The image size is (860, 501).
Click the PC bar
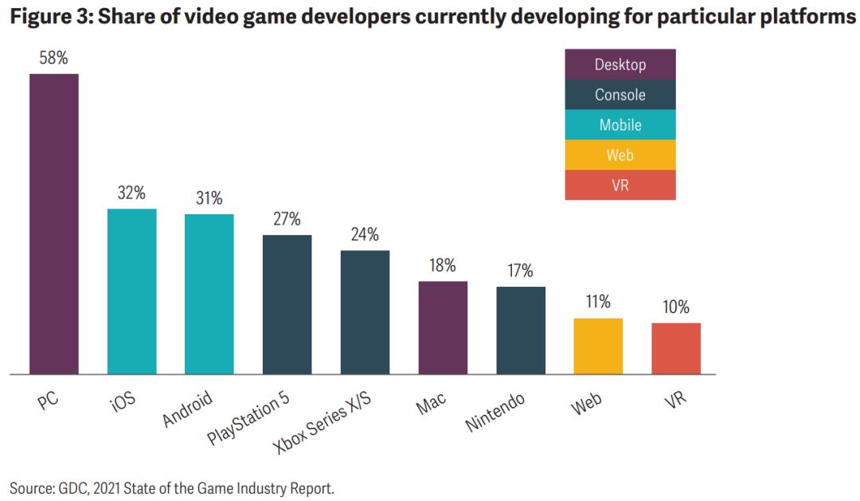(x=54, y=224)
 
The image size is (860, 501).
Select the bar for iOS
(x=132, y=292)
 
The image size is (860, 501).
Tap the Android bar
(x=209, y=294)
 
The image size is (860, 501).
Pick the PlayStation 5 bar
(x=287, y=304)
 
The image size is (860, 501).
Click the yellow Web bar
(x=598, y=346)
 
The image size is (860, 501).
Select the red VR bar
(x=676, y=348)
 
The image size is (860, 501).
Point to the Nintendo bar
(x=521, y=330)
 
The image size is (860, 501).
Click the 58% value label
(x=54, y=59)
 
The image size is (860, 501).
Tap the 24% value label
(x=365, y=235)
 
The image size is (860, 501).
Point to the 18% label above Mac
(x=444, y=266)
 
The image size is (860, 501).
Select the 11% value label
(x=598, y=302)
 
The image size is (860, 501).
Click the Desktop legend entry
(x=620, y=65)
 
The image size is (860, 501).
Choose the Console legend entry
(x=620, y=95)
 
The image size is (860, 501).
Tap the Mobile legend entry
(x=620, y=125)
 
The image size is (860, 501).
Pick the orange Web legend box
(x=620, y=155)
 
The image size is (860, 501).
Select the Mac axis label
(x=430, y=404)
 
